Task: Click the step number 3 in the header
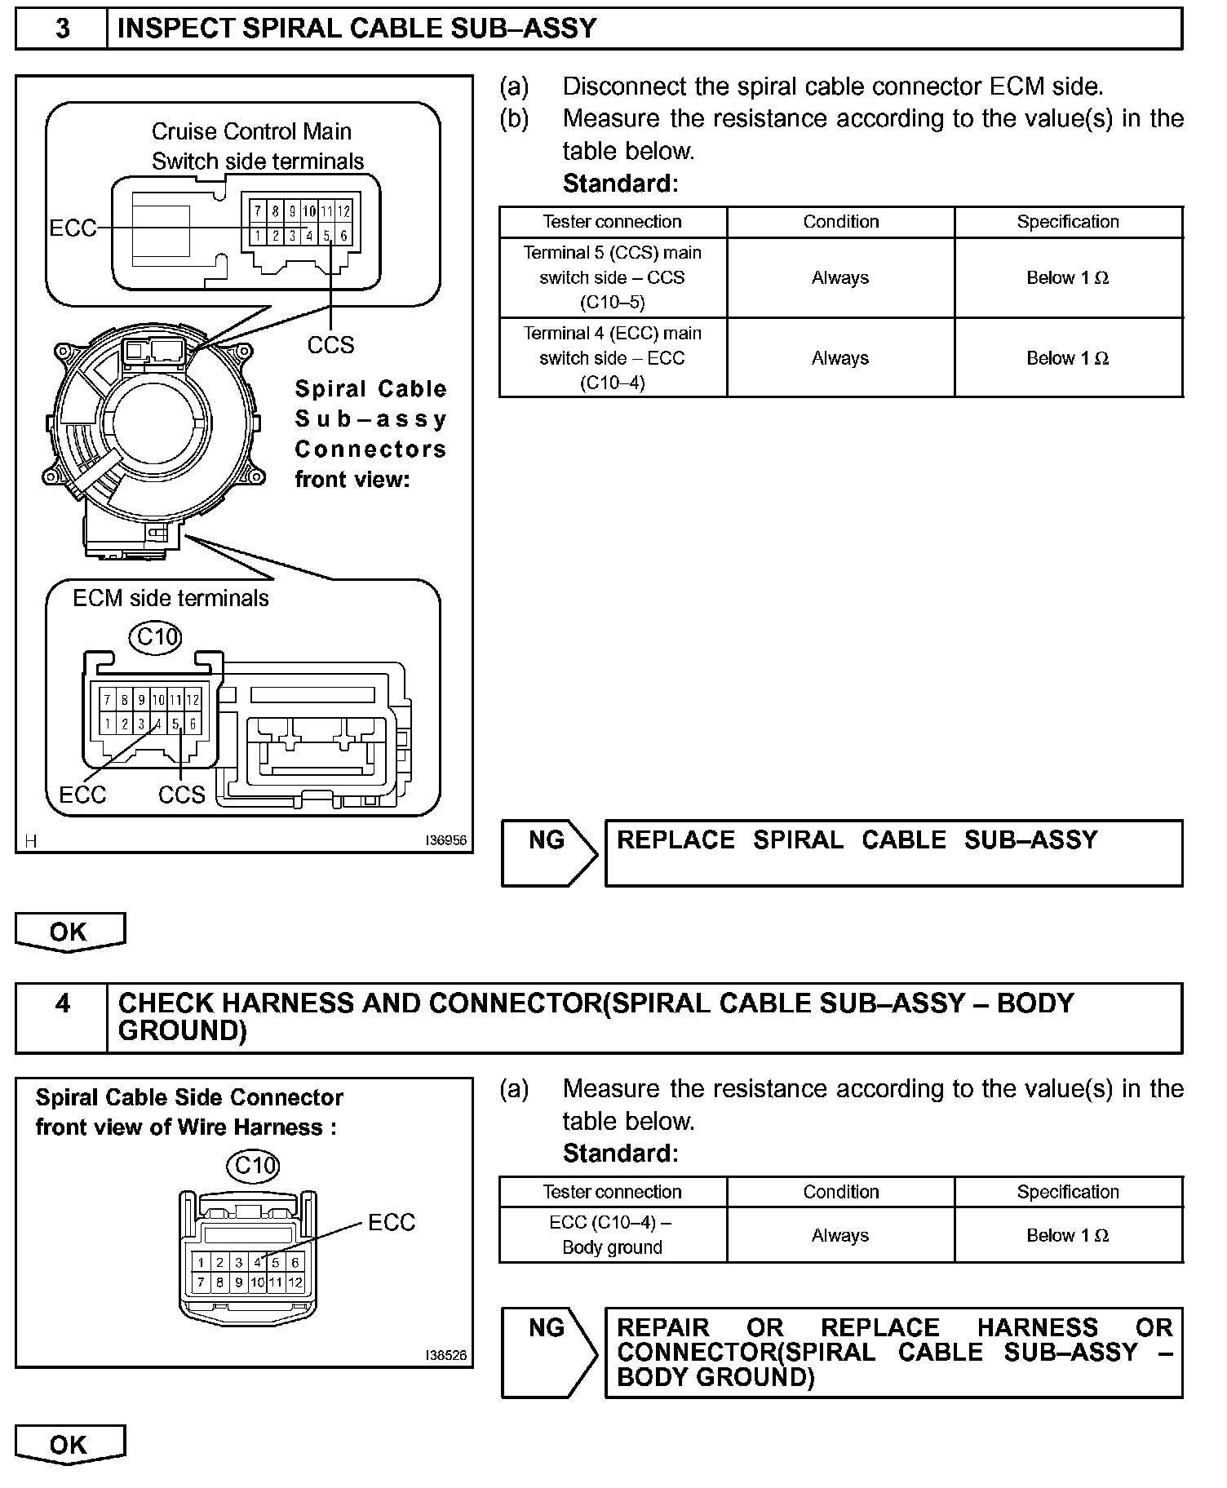tap(62, 29)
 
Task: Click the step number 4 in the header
tap(62, 1003)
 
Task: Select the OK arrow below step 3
tap(69, 932)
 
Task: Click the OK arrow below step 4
tap(69, 1445)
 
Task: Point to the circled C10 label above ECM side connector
tap(156, 635)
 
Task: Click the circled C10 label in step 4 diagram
tap(255, 1165)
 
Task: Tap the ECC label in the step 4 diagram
tap(392, 1222)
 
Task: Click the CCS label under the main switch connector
tap(330, 345)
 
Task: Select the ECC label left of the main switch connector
tap(73, 228)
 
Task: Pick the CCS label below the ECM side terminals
tap(181, 795)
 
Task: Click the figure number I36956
tap(445, 840)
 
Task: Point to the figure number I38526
tap(445, 1355)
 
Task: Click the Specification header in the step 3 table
tap(1068, 222)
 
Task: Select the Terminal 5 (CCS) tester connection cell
tap(613, 277)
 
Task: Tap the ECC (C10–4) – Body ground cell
tap(613, 1235)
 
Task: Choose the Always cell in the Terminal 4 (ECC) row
tap(840, 358)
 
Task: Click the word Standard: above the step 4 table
tap(620, 1153)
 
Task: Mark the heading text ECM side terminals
tap(171, 599)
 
